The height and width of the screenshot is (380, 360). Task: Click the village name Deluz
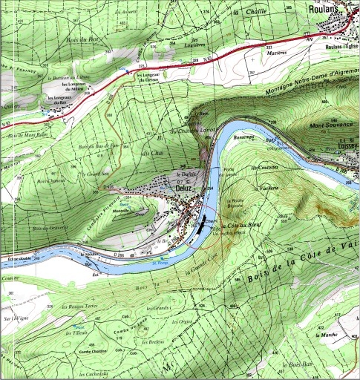click(183, 189)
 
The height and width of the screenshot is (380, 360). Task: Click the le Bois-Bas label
click(295, 365)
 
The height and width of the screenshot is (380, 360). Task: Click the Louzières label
click(194, 44)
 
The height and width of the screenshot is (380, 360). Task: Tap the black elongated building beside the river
click(202, 220)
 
